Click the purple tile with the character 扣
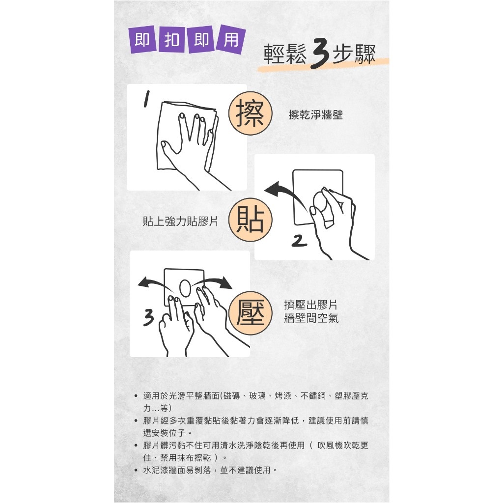(171, 40)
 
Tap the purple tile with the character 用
(231, 39)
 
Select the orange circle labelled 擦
(250, 113)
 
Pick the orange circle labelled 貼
(250, 220)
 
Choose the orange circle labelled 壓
(250, 313)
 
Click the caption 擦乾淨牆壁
(316, 114)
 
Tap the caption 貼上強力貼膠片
(180, 221)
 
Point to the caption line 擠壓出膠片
(310, 305)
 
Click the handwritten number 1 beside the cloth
(146, 98)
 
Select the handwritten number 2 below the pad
(299, 241)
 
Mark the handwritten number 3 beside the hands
(149, 318)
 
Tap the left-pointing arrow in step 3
(154, 283)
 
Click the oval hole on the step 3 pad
(185, 288)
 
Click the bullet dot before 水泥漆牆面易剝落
(137, 470)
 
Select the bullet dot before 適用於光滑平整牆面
(137, 396)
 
